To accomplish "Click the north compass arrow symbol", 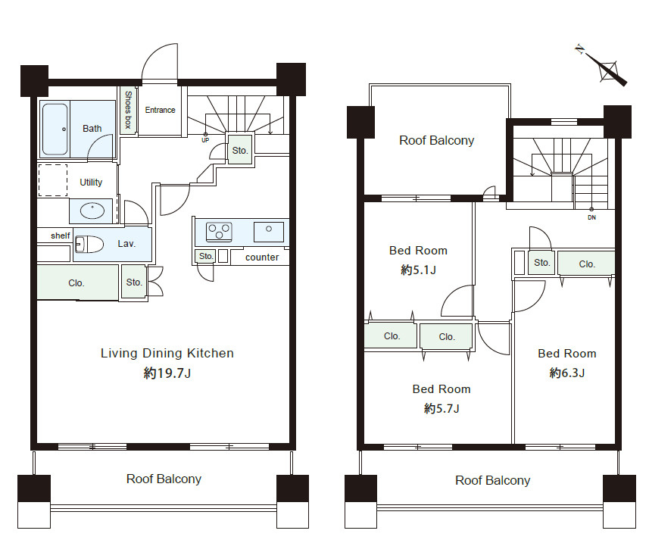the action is click(x=603, y=65).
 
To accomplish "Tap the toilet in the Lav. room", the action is click(x=89, y=244).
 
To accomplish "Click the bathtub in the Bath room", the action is click(x=55, y=129).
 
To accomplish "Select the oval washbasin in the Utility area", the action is click(x=92, y=211).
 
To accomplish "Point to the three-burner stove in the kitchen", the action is click(x=219, y=232).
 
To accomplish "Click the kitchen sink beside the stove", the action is click(x=269, y=231).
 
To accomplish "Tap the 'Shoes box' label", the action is click(x=128, y=110).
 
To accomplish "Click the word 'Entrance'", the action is click(x=161, y=110).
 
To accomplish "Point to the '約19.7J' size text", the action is click(x=167, y=373).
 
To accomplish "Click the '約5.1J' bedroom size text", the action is click(x=419, y=270).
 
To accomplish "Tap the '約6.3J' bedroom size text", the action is click(x=567, y=373).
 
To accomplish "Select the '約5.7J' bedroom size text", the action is click(x=442, y=409).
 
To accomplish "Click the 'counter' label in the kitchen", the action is click(x=262, y=257).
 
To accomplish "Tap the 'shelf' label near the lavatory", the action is click(x=61, y=236).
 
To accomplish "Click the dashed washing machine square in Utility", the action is click(x=53, y=180).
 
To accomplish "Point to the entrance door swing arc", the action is click(x=160, y=61).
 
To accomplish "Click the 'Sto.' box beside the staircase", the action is click(x=240, y=150).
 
